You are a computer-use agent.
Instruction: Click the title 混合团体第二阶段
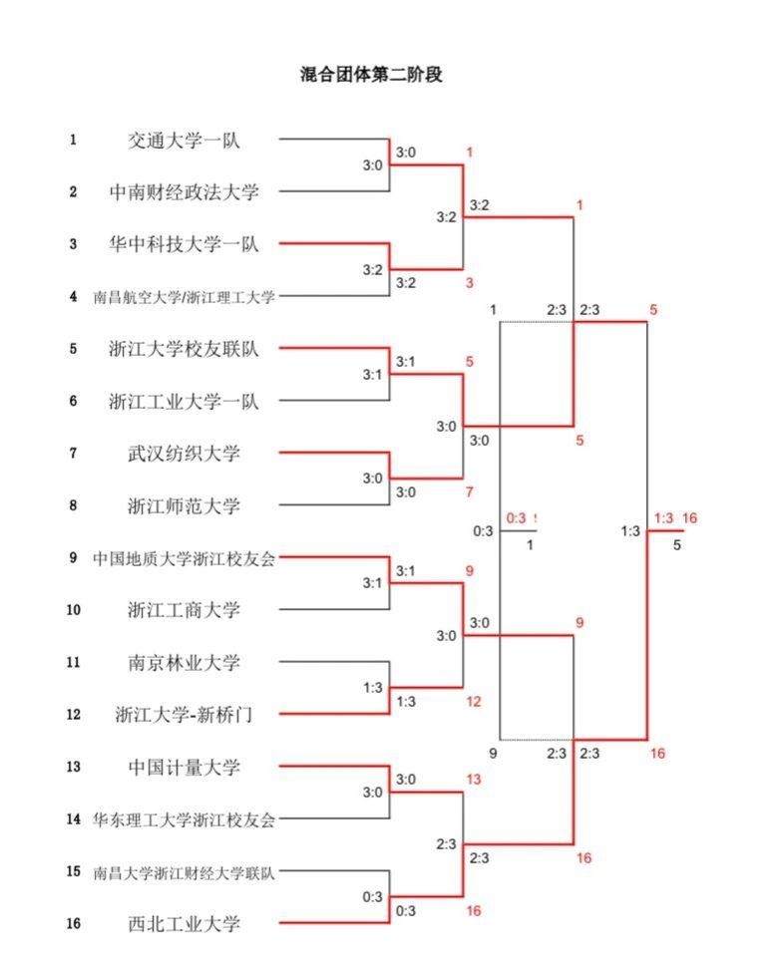tap(371, 75)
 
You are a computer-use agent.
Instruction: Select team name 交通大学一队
tap(184, 141)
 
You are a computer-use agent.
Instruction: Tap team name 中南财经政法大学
tap(185, 192)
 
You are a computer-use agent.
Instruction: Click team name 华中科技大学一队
tap(185, 244)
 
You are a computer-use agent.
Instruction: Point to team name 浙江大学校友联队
tap(185, 349)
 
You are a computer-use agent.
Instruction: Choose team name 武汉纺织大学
tap(184, 454)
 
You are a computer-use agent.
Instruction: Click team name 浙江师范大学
tap(184, 505)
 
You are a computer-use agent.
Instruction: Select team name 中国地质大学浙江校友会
tap(185, 558)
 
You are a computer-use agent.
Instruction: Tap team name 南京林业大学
tap(184, 663)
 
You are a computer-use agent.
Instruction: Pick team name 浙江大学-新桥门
tap(185, 715)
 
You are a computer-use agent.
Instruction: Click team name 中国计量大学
tap(184, 768)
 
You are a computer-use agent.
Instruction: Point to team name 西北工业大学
tap(184, 924)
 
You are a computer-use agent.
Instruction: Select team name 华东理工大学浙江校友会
tap(185, 819)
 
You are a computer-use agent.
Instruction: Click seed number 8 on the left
tap(73, 505)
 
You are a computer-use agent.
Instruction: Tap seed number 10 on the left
tap(73, 610)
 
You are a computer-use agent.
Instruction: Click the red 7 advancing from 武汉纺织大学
tap(469, 492)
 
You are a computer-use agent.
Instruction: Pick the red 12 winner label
tap(474, 702)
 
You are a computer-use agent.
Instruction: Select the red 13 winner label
tap(474, 780)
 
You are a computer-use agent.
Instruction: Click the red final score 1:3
tap(664, 518)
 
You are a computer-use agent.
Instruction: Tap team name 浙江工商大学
tap(184, 610)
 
